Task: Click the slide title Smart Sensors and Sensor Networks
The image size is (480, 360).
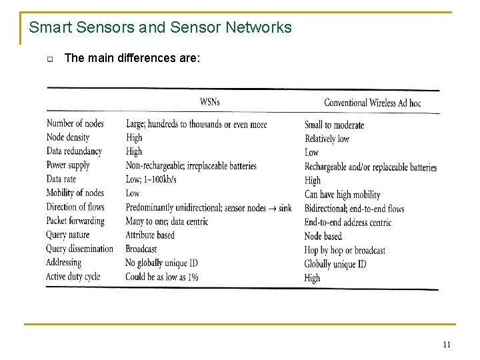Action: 161,27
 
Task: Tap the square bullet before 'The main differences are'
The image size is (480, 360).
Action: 49,59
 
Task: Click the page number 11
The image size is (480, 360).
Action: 447,344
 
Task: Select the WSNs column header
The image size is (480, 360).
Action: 209,102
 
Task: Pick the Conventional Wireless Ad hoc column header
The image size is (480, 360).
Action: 372,103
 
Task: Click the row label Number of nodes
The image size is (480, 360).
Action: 75,123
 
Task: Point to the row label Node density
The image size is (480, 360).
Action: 68,137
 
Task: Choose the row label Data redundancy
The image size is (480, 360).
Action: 75,151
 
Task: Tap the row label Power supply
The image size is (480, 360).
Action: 68,165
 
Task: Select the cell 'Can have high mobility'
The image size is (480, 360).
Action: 342,195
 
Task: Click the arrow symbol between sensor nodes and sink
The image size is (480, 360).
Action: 272,208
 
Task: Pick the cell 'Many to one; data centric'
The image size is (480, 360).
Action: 167,221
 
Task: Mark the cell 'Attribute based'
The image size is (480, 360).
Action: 150,235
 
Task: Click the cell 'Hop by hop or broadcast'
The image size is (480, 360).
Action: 345,250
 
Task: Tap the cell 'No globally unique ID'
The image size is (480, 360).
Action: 161,263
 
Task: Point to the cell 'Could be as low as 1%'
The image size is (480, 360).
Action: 162,277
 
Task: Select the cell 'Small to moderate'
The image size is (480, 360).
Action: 334,125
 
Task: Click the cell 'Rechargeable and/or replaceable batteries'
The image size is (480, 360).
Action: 371,167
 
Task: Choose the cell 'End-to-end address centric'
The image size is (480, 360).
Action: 348,223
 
